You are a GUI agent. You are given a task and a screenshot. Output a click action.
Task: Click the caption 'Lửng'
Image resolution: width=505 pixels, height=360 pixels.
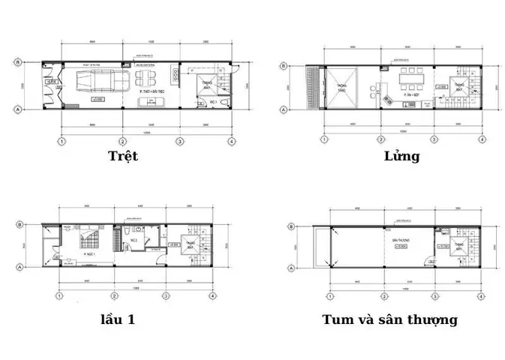click(x=401, y=156)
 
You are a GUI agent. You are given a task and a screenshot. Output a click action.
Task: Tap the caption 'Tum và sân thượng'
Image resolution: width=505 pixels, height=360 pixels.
click(x=389, y=319)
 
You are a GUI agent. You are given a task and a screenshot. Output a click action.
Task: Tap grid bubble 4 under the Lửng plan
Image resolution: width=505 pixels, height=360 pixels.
click(x=480, y=139)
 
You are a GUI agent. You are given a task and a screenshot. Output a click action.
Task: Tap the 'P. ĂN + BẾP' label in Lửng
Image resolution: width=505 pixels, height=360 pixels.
click(x=410, y=96)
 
